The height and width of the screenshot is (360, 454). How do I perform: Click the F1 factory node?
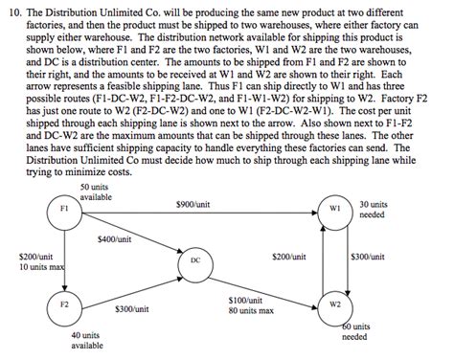pyautogui.click(x=63, y=209)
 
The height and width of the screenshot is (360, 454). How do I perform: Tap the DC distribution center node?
pyautogui.click(x=194, y=259)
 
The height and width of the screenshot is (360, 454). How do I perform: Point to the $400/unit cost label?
pyautogui.click(x=114, y=239)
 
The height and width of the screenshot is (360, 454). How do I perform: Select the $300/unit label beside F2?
pyautogui.click(x=130, y=308)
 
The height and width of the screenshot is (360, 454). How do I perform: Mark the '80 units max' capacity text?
pyautogui.click(x=252, y=311)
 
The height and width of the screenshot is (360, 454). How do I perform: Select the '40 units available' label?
pyautogui.click(x=87, y=340)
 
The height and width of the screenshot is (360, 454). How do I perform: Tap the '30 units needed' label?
pyautogui.click(x=374, y=209)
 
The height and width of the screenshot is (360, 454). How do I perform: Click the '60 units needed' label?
pyautogui.click(x=355, y=331)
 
